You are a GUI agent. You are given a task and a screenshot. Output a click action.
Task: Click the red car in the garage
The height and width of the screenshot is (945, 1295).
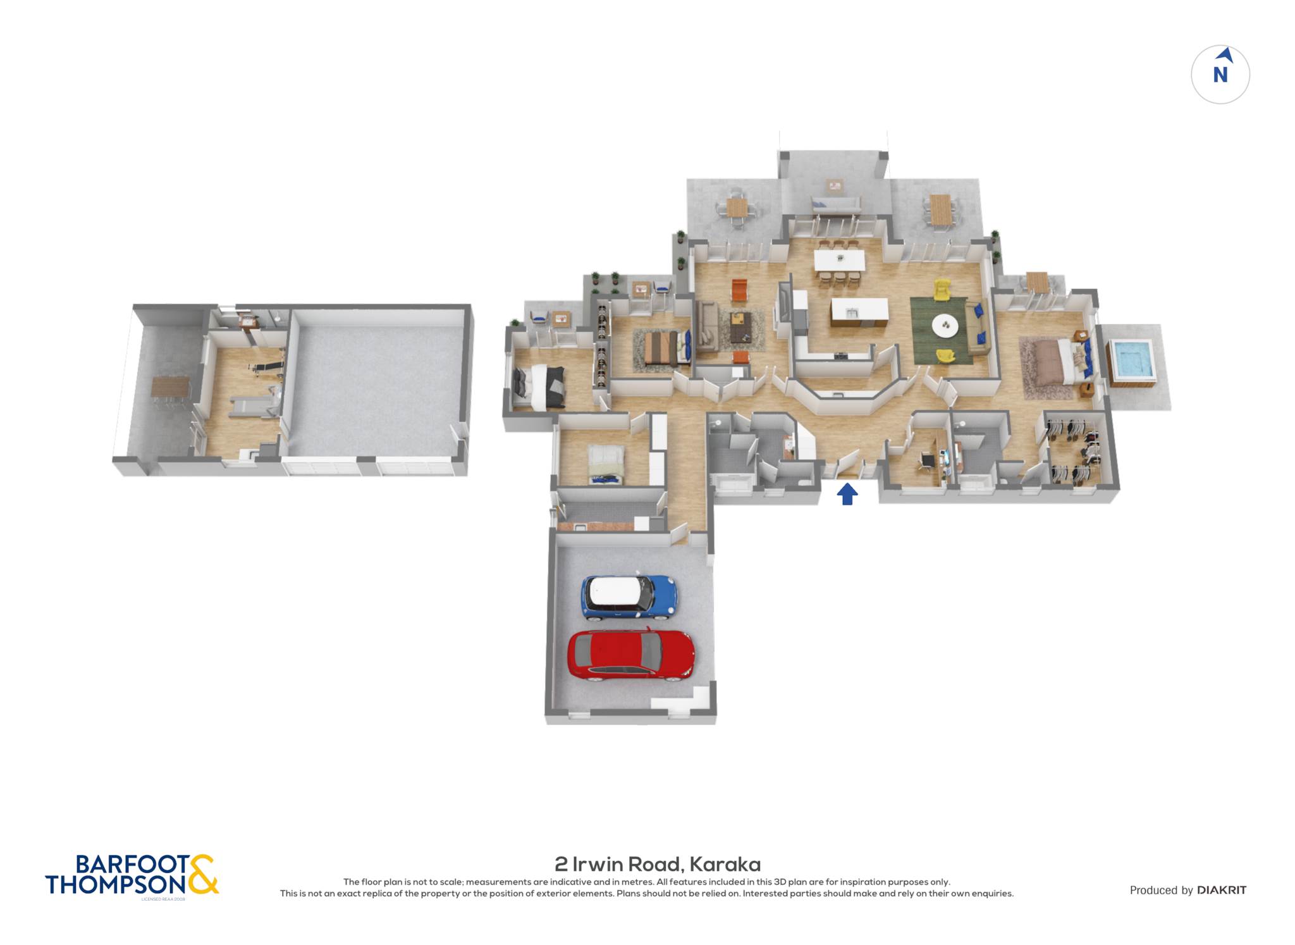[x=630, y=655]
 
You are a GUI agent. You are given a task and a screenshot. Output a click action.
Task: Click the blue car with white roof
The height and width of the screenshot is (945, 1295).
[x=629, y=596]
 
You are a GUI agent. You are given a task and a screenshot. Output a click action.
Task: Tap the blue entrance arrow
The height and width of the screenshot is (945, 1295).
[x=847, y=494]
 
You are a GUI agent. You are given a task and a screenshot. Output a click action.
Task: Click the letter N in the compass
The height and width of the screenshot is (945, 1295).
[x=1220, y=75]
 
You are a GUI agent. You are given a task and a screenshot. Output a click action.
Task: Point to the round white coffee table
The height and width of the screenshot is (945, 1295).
[x=945, y=326]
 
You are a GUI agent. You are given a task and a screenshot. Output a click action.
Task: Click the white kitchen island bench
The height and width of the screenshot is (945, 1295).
[x=859, y=311]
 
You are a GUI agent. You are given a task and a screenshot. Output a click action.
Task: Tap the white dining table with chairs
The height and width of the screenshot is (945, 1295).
[x=839, y=259]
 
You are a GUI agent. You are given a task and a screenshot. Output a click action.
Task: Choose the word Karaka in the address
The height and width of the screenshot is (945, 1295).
[x=725, y=864]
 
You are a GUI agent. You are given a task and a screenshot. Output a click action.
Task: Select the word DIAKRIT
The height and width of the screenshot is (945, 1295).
[x=1222, y=890]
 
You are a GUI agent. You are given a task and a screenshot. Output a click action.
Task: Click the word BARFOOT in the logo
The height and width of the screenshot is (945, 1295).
[x=132, y=864]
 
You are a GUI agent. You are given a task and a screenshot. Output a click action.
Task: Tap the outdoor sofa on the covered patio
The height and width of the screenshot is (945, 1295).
[x=835, y=204]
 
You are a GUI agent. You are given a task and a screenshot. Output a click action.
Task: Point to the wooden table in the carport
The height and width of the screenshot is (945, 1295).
[x=170, y=386]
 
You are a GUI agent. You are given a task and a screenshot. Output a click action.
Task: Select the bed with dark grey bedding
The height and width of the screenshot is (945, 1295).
[x=538, y=386]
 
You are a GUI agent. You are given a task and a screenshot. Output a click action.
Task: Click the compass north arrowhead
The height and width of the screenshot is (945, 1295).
[x=1225, y=55]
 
